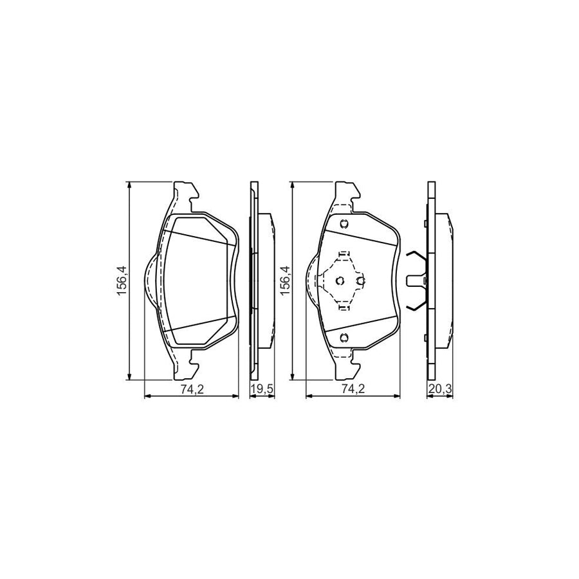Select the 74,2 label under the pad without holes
coord(191,388)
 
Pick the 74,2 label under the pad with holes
coord(352,388)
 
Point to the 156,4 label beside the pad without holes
coord(120,281)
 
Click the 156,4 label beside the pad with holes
coord(283,281)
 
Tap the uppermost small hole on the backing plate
coord(344,224)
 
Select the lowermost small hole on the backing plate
coord(344,338)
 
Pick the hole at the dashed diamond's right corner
coord(360,280)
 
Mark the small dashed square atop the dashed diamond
coord(343,253)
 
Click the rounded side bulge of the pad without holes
coord(149,281)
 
